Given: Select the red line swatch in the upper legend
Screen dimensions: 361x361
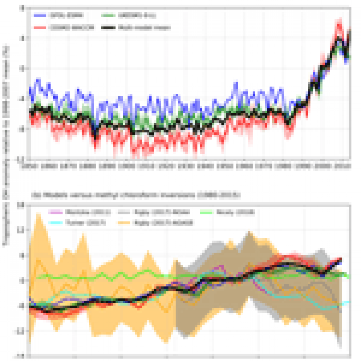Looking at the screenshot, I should [x=40, y=28].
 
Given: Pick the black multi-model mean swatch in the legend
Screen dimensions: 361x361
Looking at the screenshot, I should [x=108, y=28].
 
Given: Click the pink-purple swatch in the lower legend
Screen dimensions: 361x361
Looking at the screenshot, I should [x=56, y=212].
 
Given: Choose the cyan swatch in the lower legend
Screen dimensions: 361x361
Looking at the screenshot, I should [x=56, y=223].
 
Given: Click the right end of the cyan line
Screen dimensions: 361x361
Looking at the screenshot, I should [x=348, y=302].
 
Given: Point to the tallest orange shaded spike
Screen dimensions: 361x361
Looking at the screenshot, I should [x=38, y=213].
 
